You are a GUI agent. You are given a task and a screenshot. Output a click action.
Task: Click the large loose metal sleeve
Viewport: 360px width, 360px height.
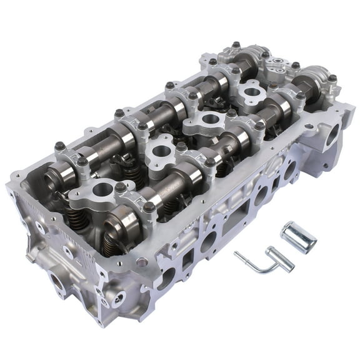(297, 236)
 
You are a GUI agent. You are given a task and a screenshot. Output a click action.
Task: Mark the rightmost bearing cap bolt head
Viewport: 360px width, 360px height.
(333, 79)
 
